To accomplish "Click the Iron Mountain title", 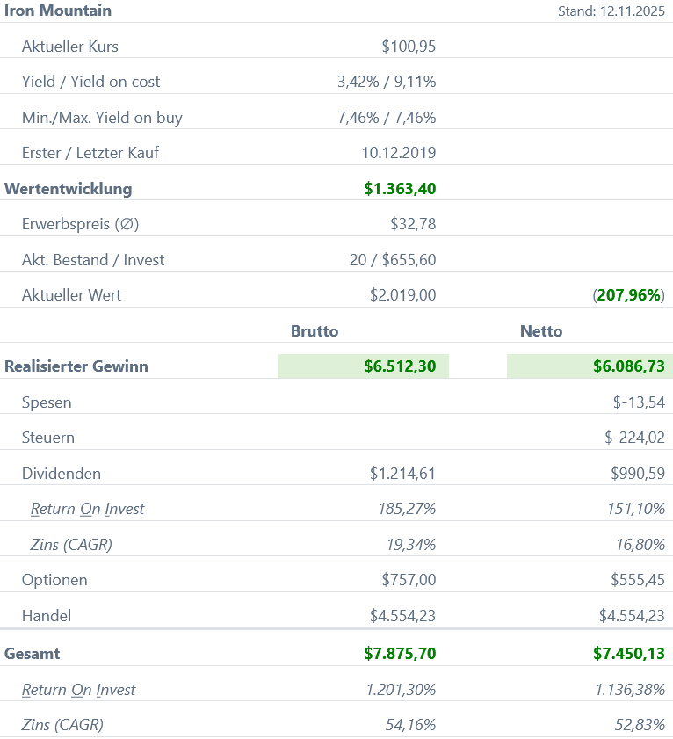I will click(58, 11).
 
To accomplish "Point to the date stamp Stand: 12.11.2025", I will click(611, 11).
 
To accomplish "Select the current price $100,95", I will click(409, 47).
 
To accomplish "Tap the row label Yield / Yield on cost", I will click(91, 82).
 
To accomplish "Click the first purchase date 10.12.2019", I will click(398, 153).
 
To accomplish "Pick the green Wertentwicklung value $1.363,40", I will click(400, 188).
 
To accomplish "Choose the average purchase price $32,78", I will click(413, 224).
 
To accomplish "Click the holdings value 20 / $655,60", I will click(392, 260).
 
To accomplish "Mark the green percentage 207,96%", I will click(629, 295).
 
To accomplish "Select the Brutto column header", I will click(315, 331).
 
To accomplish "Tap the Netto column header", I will click(541, 331).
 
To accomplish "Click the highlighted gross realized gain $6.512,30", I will click(400, 366).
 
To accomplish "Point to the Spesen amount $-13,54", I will click(639, 402).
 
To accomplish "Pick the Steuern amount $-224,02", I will click(634, 438).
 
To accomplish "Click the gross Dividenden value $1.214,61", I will click(402, 474).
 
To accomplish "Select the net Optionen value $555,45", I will click(638, 580).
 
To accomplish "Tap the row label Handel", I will click(47, 616).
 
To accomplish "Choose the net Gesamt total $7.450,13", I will click(629, 654).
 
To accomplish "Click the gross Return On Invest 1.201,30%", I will click(401, 690).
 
